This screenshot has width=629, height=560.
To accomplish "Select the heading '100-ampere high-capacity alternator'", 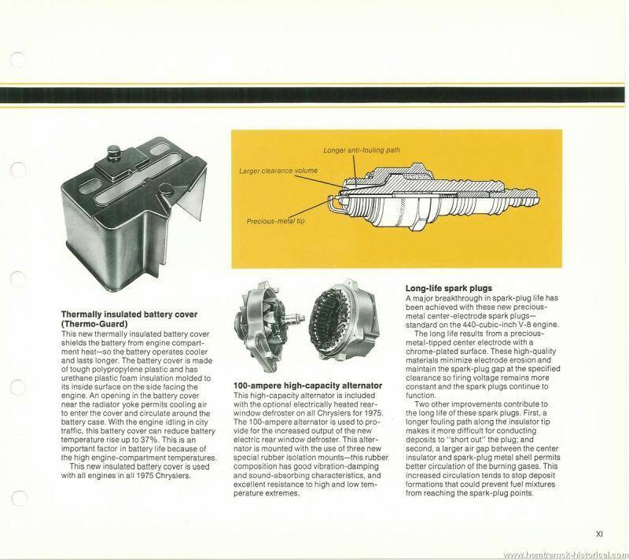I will point(307,385).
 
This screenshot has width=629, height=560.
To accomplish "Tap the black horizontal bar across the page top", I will point(314,93).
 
